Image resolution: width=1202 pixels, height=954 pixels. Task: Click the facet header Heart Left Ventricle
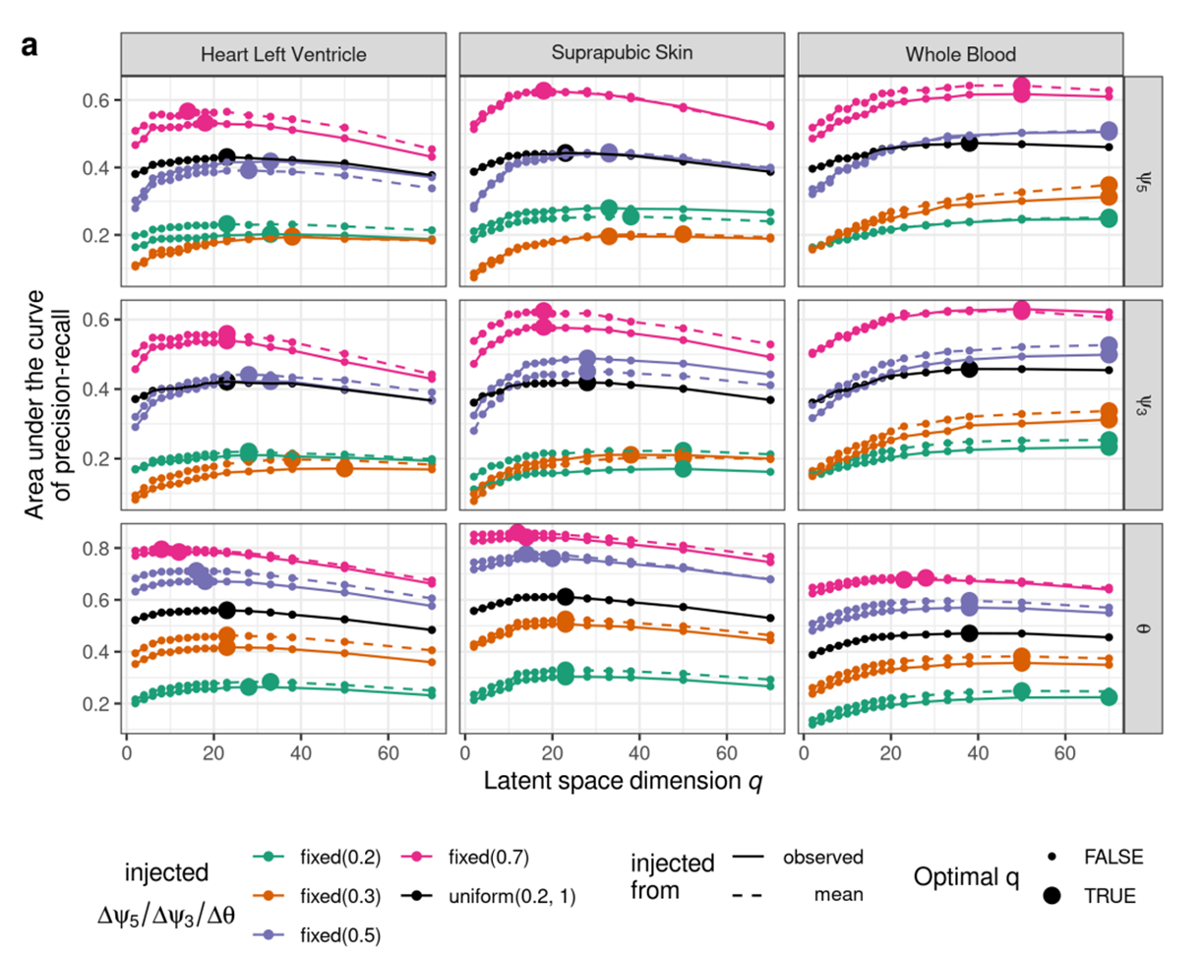[284, 56]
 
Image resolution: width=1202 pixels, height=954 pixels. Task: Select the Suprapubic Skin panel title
[622, 56]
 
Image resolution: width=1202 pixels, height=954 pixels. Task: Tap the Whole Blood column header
[959, 56]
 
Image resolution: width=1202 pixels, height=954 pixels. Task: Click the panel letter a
[29, 45]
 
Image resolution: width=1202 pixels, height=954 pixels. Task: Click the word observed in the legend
[822, 858]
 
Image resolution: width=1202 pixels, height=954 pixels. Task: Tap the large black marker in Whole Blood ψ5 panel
[969, 144]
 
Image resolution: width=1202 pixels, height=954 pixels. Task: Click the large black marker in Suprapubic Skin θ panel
[565, 597]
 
